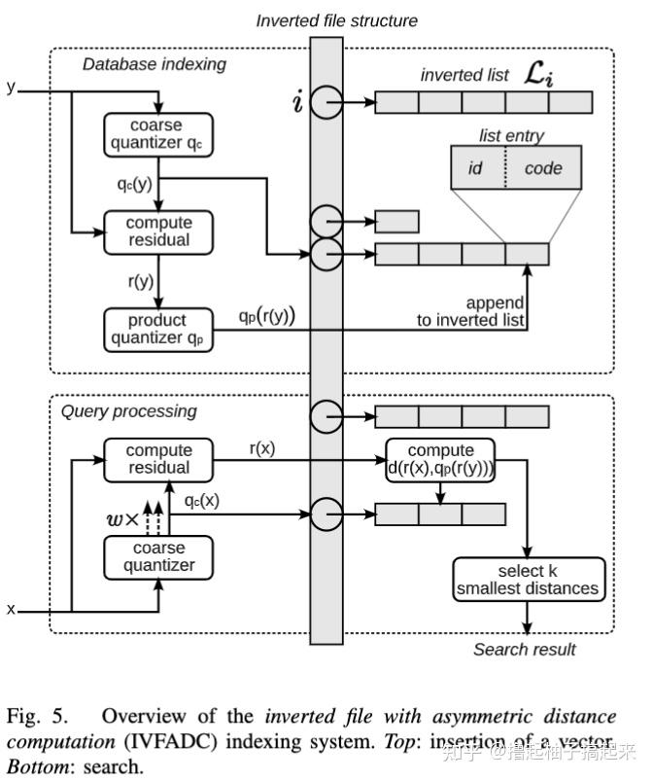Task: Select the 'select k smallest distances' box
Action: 529,579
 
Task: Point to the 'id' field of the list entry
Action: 475,168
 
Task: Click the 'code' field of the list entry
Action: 542,168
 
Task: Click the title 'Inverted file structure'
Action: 336,20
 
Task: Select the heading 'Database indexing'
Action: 154,64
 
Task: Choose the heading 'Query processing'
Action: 128,411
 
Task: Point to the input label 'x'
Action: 12,609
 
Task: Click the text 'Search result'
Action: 524,649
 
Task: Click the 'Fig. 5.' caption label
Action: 39,717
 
